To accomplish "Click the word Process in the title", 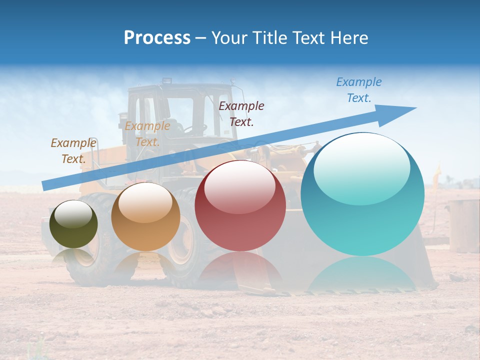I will coord(157,38).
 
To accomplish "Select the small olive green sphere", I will coord(73,224).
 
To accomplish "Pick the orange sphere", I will coord(145,216).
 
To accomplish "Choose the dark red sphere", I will coord(240,206).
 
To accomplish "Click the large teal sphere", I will coord(362,195).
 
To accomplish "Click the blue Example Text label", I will coord(358,90).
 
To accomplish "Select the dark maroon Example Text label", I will coord(241,113).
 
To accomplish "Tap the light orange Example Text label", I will coord(147,134).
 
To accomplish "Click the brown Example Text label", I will coord(73,150).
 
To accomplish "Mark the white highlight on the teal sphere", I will coord(361,167).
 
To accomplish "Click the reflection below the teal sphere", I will coord(362,275).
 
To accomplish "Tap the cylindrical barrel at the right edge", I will coord(463,225).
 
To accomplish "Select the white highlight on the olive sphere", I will coord(73,214).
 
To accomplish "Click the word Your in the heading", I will coord(229,38).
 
